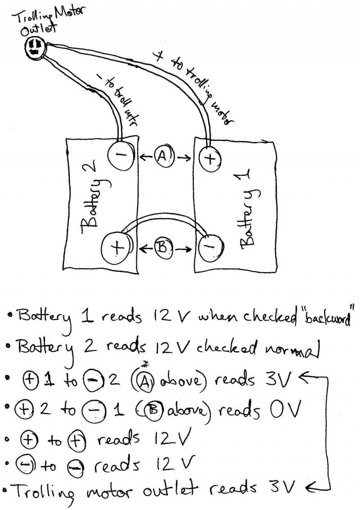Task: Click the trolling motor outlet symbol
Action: point(35,47)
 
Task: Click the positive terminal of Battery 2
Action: point(116,247)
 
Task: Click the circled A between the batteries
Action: point(162,157)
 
